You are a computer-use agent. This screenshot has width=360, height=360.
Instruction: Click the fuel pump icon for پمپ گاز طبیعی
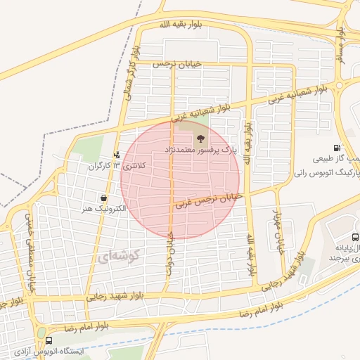(x=338, y=148)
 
